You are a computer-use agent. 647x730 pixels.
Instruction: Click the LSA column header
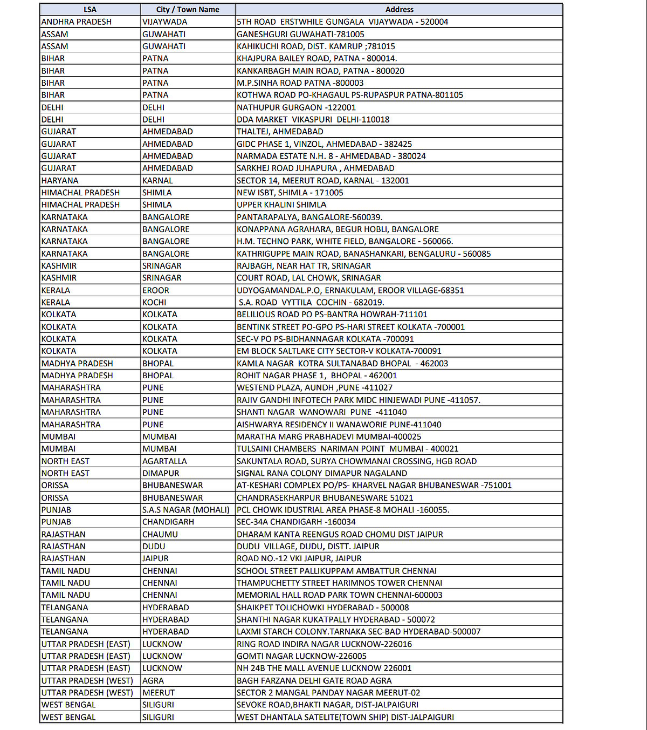90,10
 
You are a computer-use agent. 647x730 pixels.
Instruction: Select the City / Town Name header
188,10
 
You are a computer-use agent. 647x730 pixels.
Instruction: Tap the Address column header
399,10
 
